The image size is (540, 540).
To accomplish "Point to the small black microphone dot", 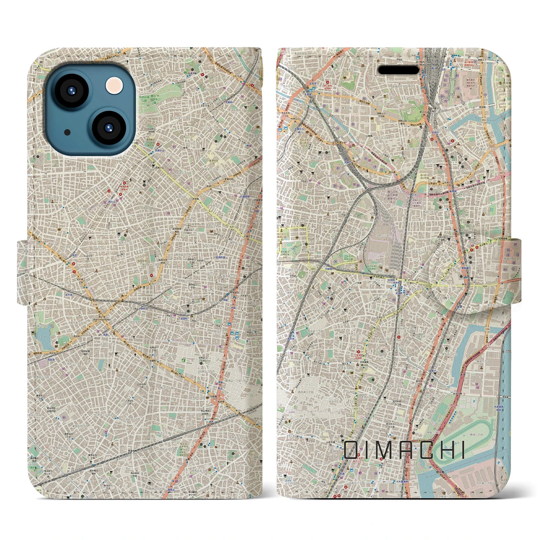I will pos(67,132).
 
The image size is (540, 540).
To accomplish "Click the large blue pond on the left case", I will pos(43,335).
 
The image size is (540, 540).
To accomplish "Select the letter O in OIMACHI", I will pos(351,450).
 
